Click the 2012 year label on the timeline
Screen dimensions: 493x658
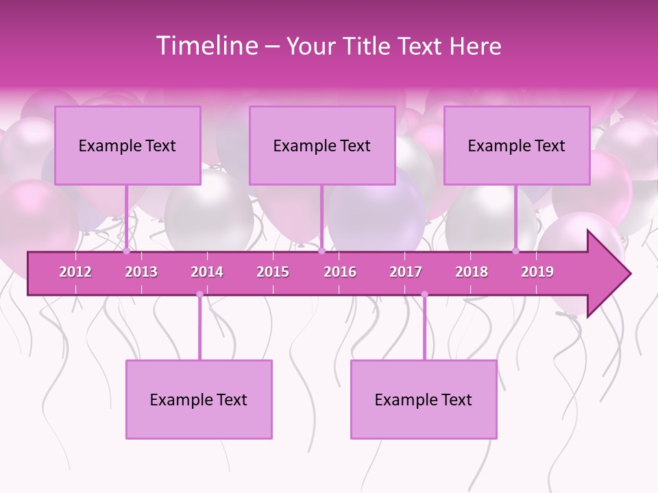click(x=75, y=272)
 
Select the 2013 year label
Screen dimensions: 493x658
click(x=141, y=272)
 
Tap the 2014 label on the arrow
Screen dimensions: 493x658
click(x=207, y=272)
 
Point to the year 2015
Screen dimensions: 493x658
click(x=273, y=272)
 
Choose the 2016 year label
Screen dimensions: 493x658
click(x=340, y=272)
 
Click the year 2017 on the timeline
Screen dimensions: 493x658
click(x=406, y=272)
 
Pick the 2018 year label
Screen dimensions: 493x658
click(x=472, y=272)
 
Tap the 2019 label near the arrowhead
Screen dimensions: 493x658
click(x=537, y=272)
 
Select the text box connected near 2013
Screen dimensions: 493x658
click(x=127, y=145)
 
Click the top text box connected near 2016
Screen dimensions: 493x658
click(x=322, y=145)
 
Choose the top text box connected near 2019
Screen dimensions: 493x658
click(x=517, y=145)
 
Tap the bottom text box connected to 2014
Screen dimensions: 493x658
click(x=199, y=399)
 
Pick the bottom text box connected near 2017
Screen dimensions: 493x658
click(x=424, y=399)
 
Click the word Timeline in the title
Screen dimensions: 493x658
click(x=206, y=46)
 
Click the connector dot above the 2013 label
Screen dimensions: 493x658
click(x=126, y=251)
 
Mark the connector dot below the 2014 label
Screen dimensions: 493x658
click(x=199, y=294)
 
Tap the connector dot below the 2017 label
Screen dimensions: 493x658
click(x=424, y=294)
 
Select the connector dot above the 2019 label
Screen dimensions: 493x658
click(x=516, y=251)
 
